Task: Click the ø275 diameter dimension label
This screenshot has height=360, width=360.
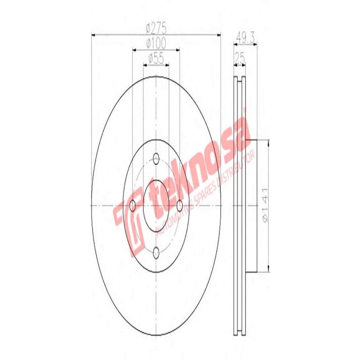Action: pyautogui.click(x=156, y=28)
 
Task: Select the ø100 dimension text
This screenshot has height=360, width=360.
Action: pyautogui.click(x=156, y=43)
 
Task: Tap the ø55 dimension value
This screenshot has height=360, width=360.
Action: pyautogui.click(x=156, y=58)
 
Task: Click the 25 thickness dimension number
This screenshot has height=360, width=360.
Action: pyautogui.click(x=240, y=58)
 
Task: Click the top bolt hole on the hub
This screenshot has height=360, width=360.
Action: pyautogui.click(x=156, y=158)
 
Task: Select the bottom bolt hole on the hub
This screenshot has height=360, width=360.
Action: pyautogui.click(x=156, y=252)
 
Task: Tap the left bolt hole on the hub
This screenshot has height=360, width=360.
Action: pyautogui.click(x=133, y=206)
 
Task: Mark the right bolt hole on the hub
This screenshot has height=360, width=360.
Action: pyautogui.click(x=180, y=206)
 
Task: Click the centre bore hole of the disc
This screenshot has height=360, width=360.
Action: pyautogui.click(x=156, y=205)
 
